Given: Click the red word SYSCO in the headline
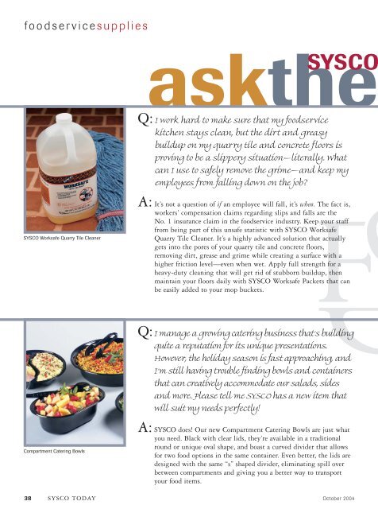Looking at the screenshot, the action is [x=342, y=62].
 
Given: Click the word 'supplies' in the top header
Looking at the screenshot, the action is [x=122, y=26].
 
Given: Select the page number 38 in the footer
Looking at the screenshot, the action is [x=28, y=498].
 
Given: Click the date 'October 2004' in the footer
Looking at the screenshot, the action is [x=338, y=499].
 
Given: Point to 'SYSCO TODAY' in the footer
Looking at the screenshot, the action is [x=71, y=498].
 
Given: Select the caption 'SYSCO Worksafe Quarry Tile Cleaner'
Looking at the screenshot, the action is [x=62, y=238].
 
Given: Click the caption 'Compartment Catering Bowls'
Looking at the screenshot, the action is [x=54, y=451].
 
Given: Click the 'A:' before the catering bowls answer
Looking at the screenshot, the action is [x=145, y=428].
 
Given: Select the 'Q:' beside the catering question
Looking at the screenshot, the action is [x=145, y=332].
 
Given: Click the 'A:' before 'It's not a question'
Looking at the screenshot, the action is [x=145, y=202].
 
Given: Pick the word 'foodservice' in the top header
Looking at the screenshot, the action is [x=60, y=26].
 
